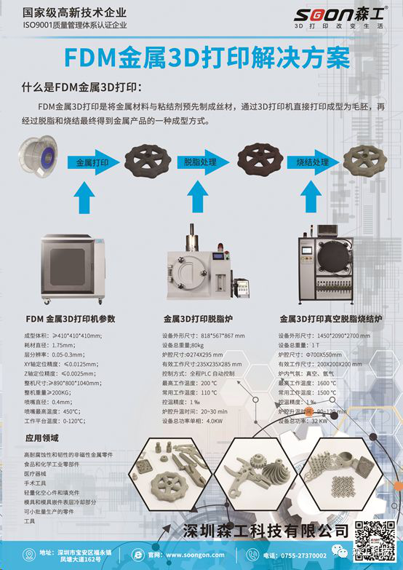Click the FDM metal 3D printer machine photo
75,269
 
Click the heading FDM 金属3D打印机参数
71,319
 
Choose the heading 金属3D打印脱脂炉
199,319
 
